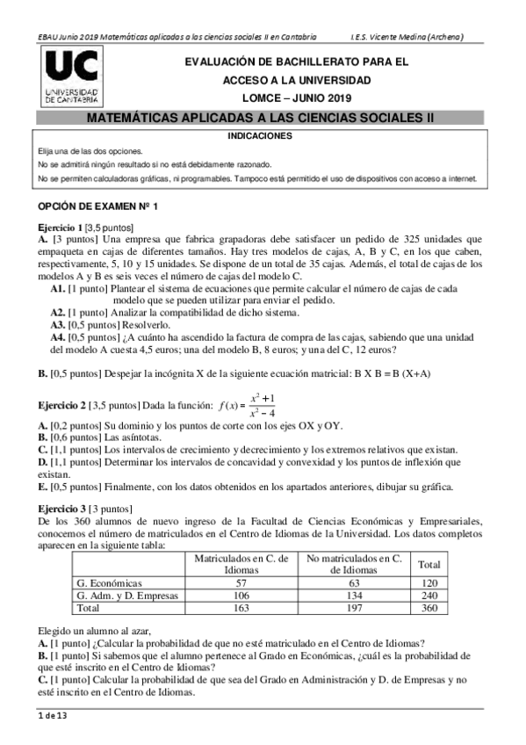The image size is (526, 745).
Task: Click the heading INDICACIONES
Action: [260, 136]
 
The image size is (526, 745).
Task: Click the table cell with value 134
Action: [355, 595]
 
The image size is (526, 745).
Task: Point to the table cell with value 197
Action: [355, 607]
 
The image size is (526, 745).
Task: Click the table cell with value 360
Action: [429, 607]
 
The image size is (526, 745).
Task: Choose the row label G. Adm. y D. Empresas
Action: [128, 595]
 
